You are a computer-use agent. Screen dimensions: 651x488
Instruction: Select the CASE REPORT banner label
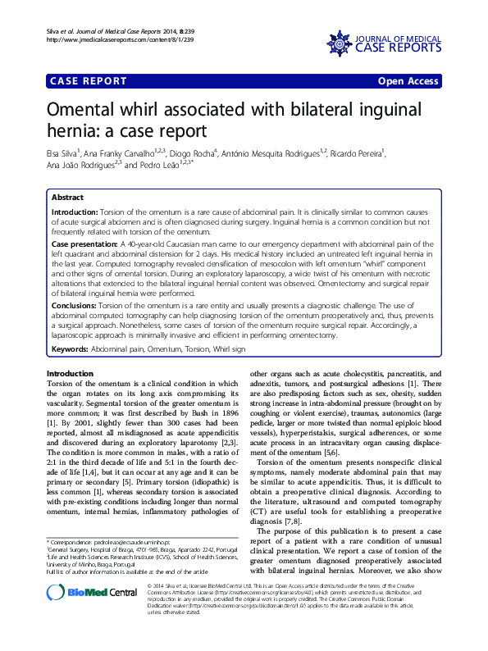coord(89,81)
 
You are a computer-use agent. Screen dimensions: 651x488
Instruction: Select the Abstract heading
coord(67,198)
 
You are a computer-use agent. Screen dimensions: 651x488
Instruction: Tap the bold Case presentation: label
coord(84,244)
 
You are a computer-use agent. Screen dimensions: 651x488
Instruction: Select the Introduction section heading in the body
coord(71,373)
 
